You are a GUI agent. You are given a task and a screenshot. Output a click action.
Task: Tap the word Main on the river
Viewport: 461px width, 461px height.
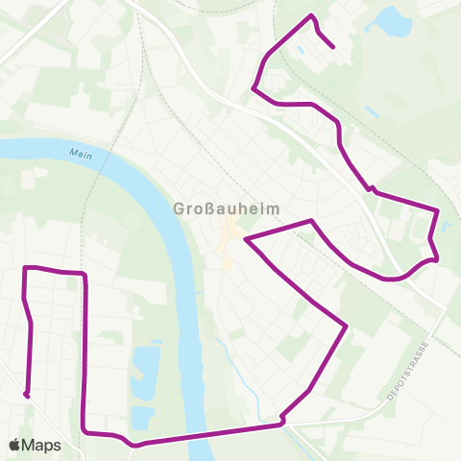pyautogui.click(x=82, y=154)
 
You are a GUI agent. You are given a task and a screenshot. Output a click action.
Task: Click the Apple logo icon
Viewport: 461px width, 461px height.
pyautogui.click(x=15, y=445)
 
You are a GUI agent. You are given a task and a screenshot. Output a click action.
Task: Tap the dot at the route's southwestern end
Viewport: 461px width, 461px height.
pyautogui.click(x=27, y=394)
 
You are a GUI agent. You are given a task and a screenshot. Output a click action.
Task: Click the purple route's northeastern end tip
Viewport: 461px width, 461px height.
pyautogui.click(x=332, y=45)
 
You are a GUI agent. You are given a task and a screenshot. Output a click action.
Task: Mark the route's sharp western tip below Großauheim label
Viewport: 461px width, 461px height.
pyautogui.click(x=247, y=237)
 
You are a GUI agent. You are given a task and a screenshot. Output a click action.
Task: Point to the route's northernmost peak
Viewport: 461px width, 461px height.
pyautogui.click(x=310, y=15)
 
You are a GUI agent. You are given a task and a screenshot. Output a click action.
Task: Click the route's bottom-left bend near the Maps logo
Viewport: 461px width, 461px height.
pyautogui.click(x=85, y=431)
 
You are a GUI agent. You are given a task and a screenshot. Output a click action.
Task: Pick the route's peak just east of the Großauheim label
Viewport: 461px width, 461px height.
pyautogui.click(x=311, y=221)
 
